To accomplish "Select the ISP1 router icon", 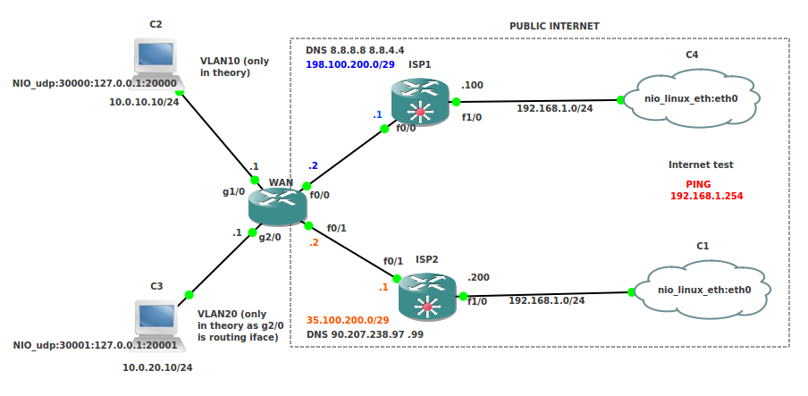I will tap(419, 101).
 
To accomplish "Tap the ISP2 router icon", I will tap(427, 297).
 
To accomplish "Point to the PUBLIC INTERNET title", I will tap(554, 27).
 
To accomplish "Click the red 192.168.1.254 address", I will tap(706, 195).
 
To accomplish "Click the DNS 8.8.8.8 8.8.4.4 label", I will tap(355, 52).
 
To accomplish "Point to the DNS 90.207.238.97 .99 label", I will tap(365, 334).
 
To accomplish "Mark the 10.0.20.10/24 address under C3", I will tap(157, 367).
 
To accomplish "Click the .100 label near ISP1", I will tap(472, 85).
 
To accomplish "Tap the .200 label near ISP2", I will tap(479, 278).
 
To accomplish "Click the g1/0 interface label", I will tap(233, 191).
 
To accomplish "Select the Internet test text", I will tap(701, 164).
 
